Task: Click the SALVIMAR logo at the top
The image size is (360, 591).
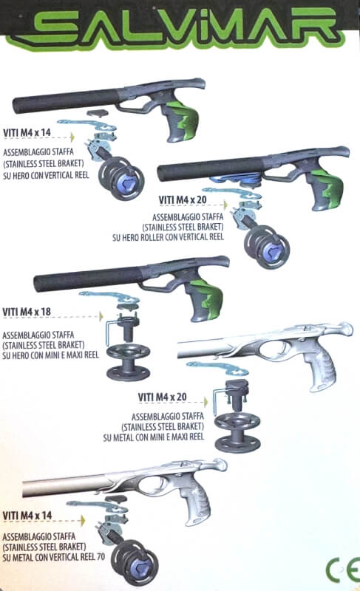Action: tap(180, 28)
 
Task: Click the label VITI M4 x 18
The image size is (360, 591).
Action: tap(27, 312)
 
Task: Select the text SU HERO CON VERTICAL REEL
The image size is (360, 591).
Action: tap(46, 175)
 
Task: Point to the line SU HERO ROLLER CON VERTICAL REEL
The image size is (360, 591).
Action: tap(168, 237)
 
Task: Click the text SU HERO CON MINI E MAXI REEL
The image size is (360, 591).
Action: tap(50, 355)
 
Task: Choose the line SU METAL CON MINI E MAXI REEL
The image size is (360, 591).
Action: tap(154, 437)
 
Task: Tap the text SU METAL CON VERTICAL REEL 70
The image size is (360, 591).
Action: tap(53, 557)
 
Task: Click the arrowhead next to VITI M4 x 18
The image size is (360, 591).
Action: tap(101, 316)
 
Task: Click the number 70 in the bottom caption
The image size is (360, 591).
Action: tap(101, 557)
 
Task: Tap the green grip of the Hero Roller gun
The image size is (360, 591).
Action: tap(329, 188)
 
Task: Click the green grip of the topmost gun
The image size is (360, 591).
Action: tap(186, 119)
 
